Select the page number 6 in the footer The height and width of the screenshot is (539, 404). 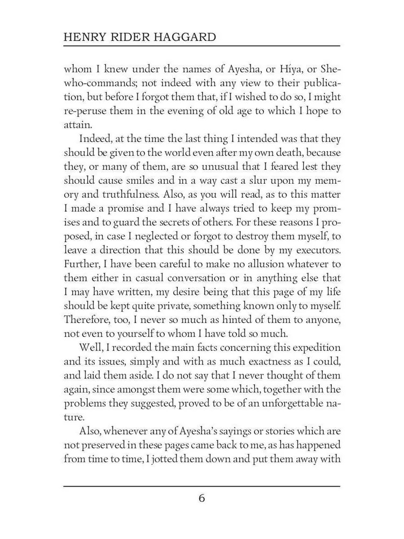[x=201, y=497]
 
